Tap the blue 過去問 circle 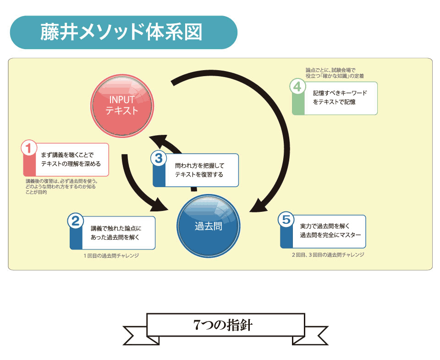tap(209, 226)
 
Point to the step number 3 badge tap(158, 159)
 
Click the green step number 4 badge tap(297, 86)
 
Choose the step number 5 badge tap(286, 220)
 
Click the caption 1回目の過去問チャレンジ tap(111, 255)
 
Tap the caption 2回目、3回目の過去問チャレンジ tap(328, 254)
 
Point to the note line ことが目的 tap(37, 192)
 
